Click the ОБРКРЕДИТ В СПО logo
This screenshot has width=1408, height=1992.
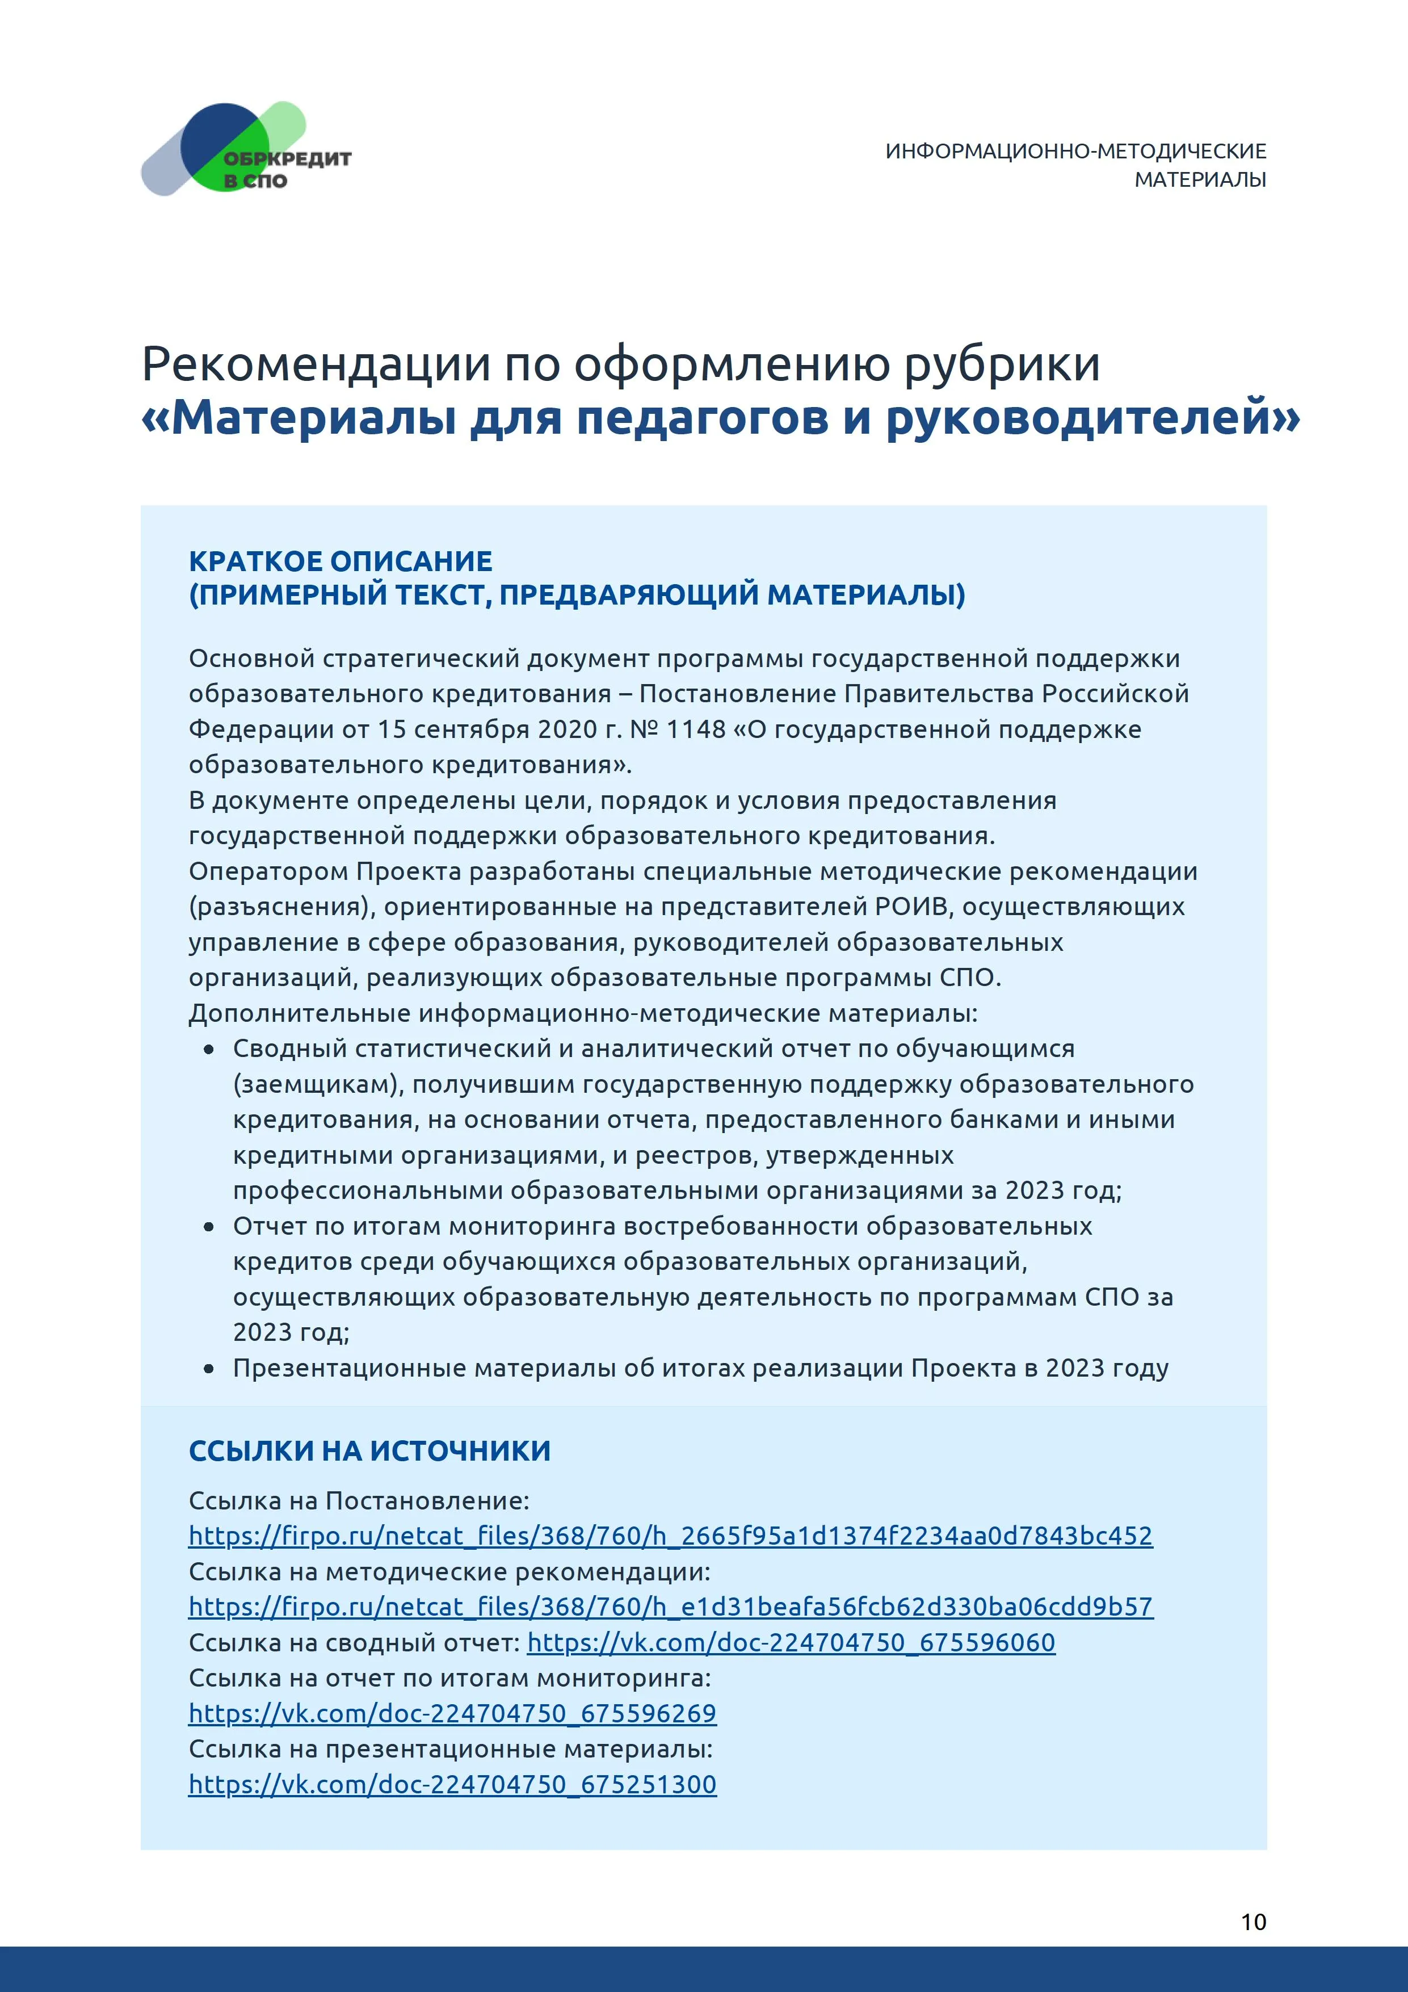(246, 149)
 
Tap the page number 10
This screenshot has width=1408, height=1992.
(1253, 1922)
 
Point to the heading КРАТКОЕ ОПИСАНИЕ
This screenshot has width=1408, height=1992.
(340, 561)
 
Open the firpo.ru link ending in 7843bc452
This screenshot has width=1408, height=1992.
(670, 1536)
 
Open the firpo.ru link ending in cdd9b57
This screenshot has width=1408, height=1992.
(670, 1607)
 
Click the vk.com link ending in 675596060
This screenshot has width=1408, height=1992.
(791, 1642)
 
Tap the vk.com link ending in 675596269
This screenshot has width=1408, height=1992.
(452, 1713)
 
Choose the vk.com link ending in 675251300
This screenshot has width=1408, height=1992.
(452, 1785)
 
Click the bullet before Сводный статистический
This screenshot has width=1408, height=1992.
(209, 1050)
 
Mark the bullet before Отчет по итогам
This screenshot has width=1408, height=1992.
(209, 1227)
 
